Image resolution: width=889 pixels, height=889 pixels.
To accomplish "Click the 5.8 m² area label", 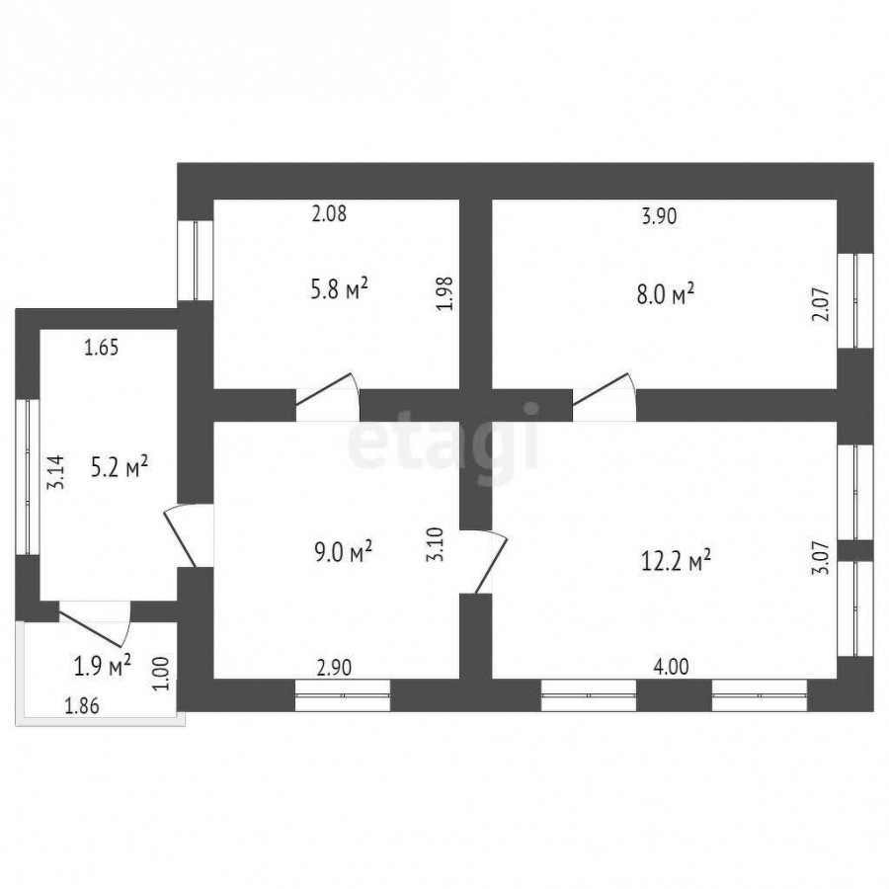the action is click(339, 288).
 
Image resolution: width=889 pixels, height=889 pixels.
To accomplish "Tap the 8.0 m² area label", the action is click(666, 294).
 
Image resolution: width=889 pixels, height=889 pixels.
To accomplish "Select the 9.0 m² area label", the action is click(343, 551).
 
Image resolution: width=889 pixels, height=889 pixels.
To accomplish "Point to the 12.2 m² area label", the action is click(676, 561).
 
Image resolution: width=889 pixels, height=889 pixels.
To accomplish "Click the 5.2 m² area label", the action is click(120, 468).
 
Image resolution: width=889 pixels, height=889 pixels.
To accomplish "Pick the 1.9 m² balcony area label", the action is click(103, 666).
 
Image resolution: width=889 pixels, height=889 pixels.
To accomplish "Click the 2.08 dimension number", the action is click(329, 213).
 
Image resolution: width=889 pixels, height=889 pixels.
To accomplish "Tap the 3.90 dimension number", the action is click(659, 216).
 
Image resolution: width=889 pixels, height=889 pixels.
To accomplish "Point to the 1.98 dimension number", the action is click(446, 293).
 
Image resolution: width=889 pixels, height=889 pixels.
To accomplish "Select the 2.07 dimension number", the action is click(821, 305).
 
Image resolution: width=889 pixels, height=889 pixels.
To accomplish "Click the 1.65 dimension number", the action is click(102, 347).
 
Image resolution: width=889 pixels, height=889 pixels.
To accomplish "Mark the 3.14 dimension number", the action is click(56, 473).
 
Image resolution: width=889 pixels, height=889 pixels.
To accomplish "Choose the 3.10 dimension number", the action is click(435, 544).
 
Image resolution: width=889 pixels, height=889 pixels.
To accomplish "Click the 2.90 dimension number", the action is click(334, 668).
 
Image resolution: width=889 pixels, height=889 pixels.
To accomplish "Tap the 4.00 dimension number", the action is click(672, 667).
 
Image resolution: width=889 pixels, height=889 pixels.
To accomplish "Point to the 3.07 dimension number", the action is click(821, 558).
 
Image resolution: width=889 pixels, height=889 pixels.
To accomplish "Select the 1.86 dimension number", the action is click(82, 706).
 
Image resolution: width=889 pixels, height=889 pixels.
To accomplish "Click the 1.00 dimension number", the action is click(162, 673).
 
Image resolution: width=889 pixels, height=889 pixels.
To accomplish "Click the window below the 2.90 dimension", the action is click(343, 695).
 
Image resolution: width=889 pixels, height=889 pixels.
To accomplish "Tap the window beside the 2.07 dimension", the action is click(855, 300).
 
